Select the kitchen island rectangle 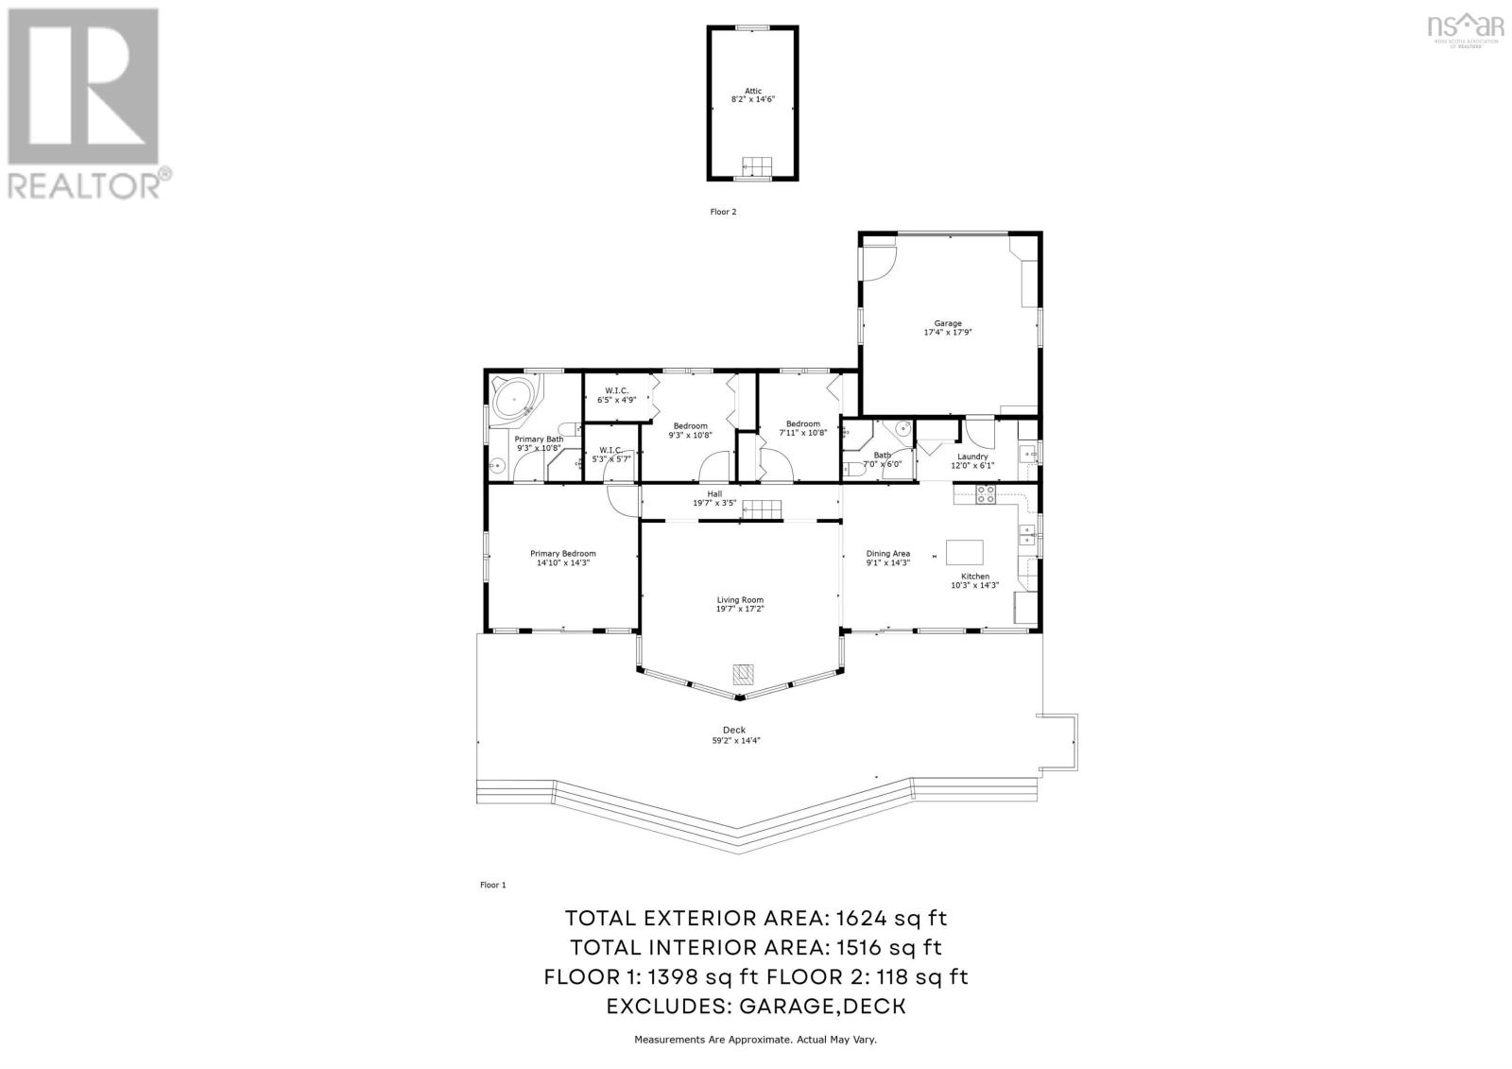pyautogui.click(x=965, y=551)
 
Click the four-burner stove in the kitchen pyautogui.click(x=985, y=492)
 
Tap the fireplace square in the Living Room pyautogui.click(x=744, y=674)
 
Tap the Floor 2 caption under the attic pyautogui.click(x=723, y=212)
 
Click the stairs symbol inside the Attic pyautogui.click(x=755, y=166)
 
